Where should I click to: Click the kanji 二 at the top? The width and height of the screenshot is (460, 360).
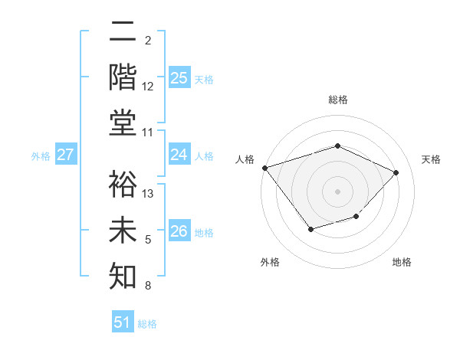coord(123,33)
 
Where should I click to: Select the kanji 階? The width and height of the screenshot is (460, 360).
coord(123,77)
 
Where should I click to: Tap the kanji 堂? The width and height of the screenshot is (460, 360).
coord(123,124)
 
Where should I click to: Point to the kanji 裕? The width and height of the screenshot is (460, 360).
coord(123,185)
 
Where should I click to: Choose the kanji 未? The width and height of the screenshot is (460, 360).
coord(123,231)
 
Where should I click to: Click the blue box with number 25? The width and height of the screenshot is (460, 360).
coord(179,77)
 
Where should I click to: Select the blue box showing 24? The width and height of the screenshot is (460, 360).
coord(179,155)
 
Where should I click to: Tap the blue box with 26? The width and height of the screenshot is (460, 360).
coord(179,231)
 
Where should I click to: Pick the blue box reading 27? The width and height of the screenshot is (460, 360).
coord(66,155)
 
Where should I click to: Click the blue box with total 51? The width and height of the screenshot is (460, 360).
coord(123,322)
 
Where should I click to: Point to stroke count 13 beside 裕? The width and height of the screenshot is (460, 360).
coord(149,194)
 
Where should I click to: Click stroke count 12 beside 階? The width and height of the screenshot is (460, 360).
coord(149,87)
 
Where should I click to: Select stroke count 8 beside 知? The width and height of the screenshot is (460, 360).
coord(148,286)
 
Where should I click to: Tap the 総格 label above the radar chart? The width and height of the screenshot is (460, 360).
coord(338,100)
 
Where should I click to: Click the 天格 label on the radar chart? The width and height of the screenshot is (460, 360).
coord(432,159)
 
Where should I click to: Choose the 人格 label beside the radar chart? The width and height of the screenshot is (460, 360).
coord(245,159)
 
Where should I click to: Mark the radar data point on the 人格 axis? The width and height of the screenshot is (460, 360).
coord(264,168)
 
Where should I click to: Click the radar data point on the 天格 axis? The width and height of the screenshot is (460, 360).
coord(396,172)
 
